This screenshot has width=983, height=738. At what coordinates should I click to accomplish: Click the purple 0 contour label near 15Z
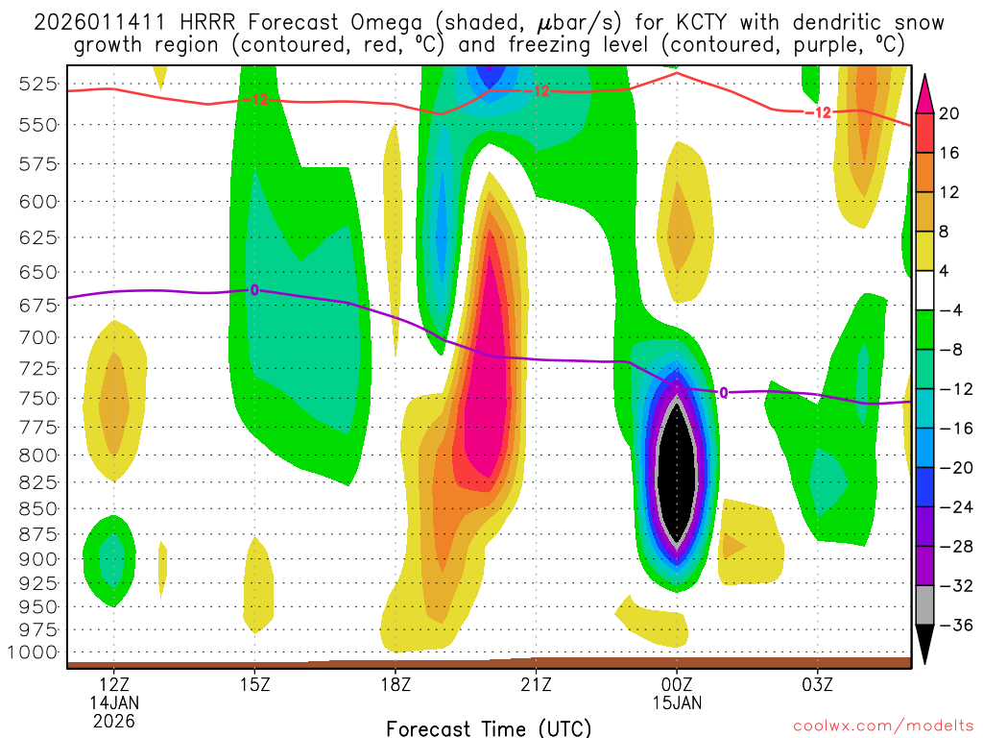[x=254, y=289]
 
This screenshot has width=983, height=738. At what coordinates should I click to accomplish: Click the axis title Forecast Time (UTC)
[x=489, y=727]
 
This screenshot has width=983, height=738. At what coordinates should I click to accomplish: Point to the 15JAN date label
[x=677, y=702]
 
